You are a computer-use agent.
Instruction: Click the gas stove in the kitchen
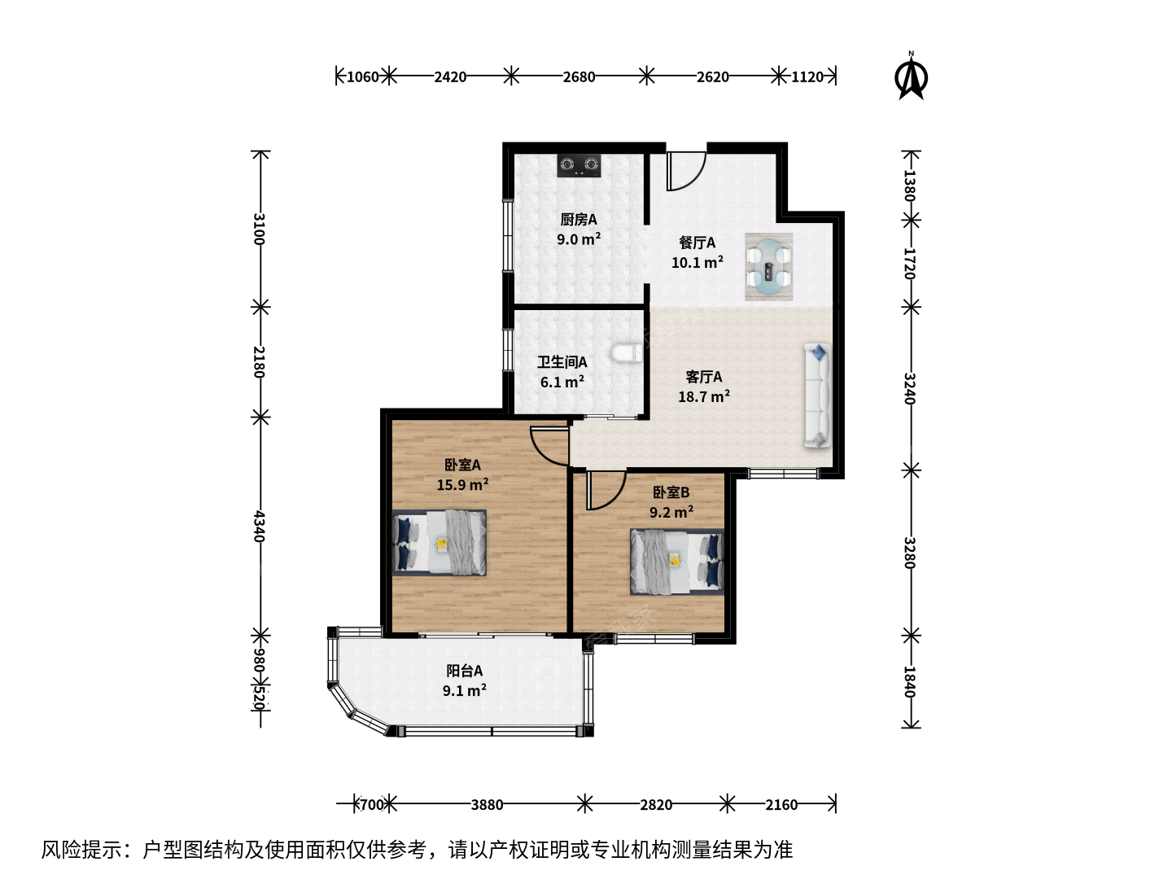coord(578,165)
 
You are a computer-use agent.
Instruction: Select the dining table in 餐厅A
coord(768,267)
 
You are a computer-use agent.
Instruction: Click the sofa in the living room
coord(817,395)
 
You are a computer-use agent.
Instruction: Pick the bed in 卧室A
coord(439,543)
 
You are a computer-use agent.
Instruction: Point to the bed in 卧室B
coord(676,562)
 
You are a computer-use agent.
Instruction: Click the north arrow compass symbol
coord(911,76)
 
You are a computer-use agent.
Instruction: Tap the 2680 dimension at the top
coord(579,77)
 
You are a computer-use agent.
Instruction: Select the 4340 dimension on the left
coord(259,526)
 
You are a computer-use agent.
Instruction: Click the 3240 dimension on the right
coord(909,388)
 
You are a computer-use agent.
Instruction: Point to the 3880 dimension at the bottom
coord(487,804)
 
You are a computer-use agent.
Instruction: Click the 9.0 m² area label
coord(579,238)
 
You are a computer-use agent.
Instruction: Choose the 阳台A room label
coord(465,671)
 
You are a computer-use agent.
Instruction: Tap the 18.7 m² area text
coord(704,396)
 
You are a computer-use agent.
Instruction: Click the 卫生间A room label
coord(562,362)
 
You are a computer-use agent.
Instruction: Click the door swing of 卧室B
coord(606,491)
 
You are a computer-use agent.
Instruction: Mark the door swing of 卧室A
coord(549,446)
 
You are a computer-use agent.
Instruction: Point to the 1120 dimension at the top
coord(807,77)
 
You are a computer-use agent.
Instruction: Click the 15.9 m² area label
coord(463,484)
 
